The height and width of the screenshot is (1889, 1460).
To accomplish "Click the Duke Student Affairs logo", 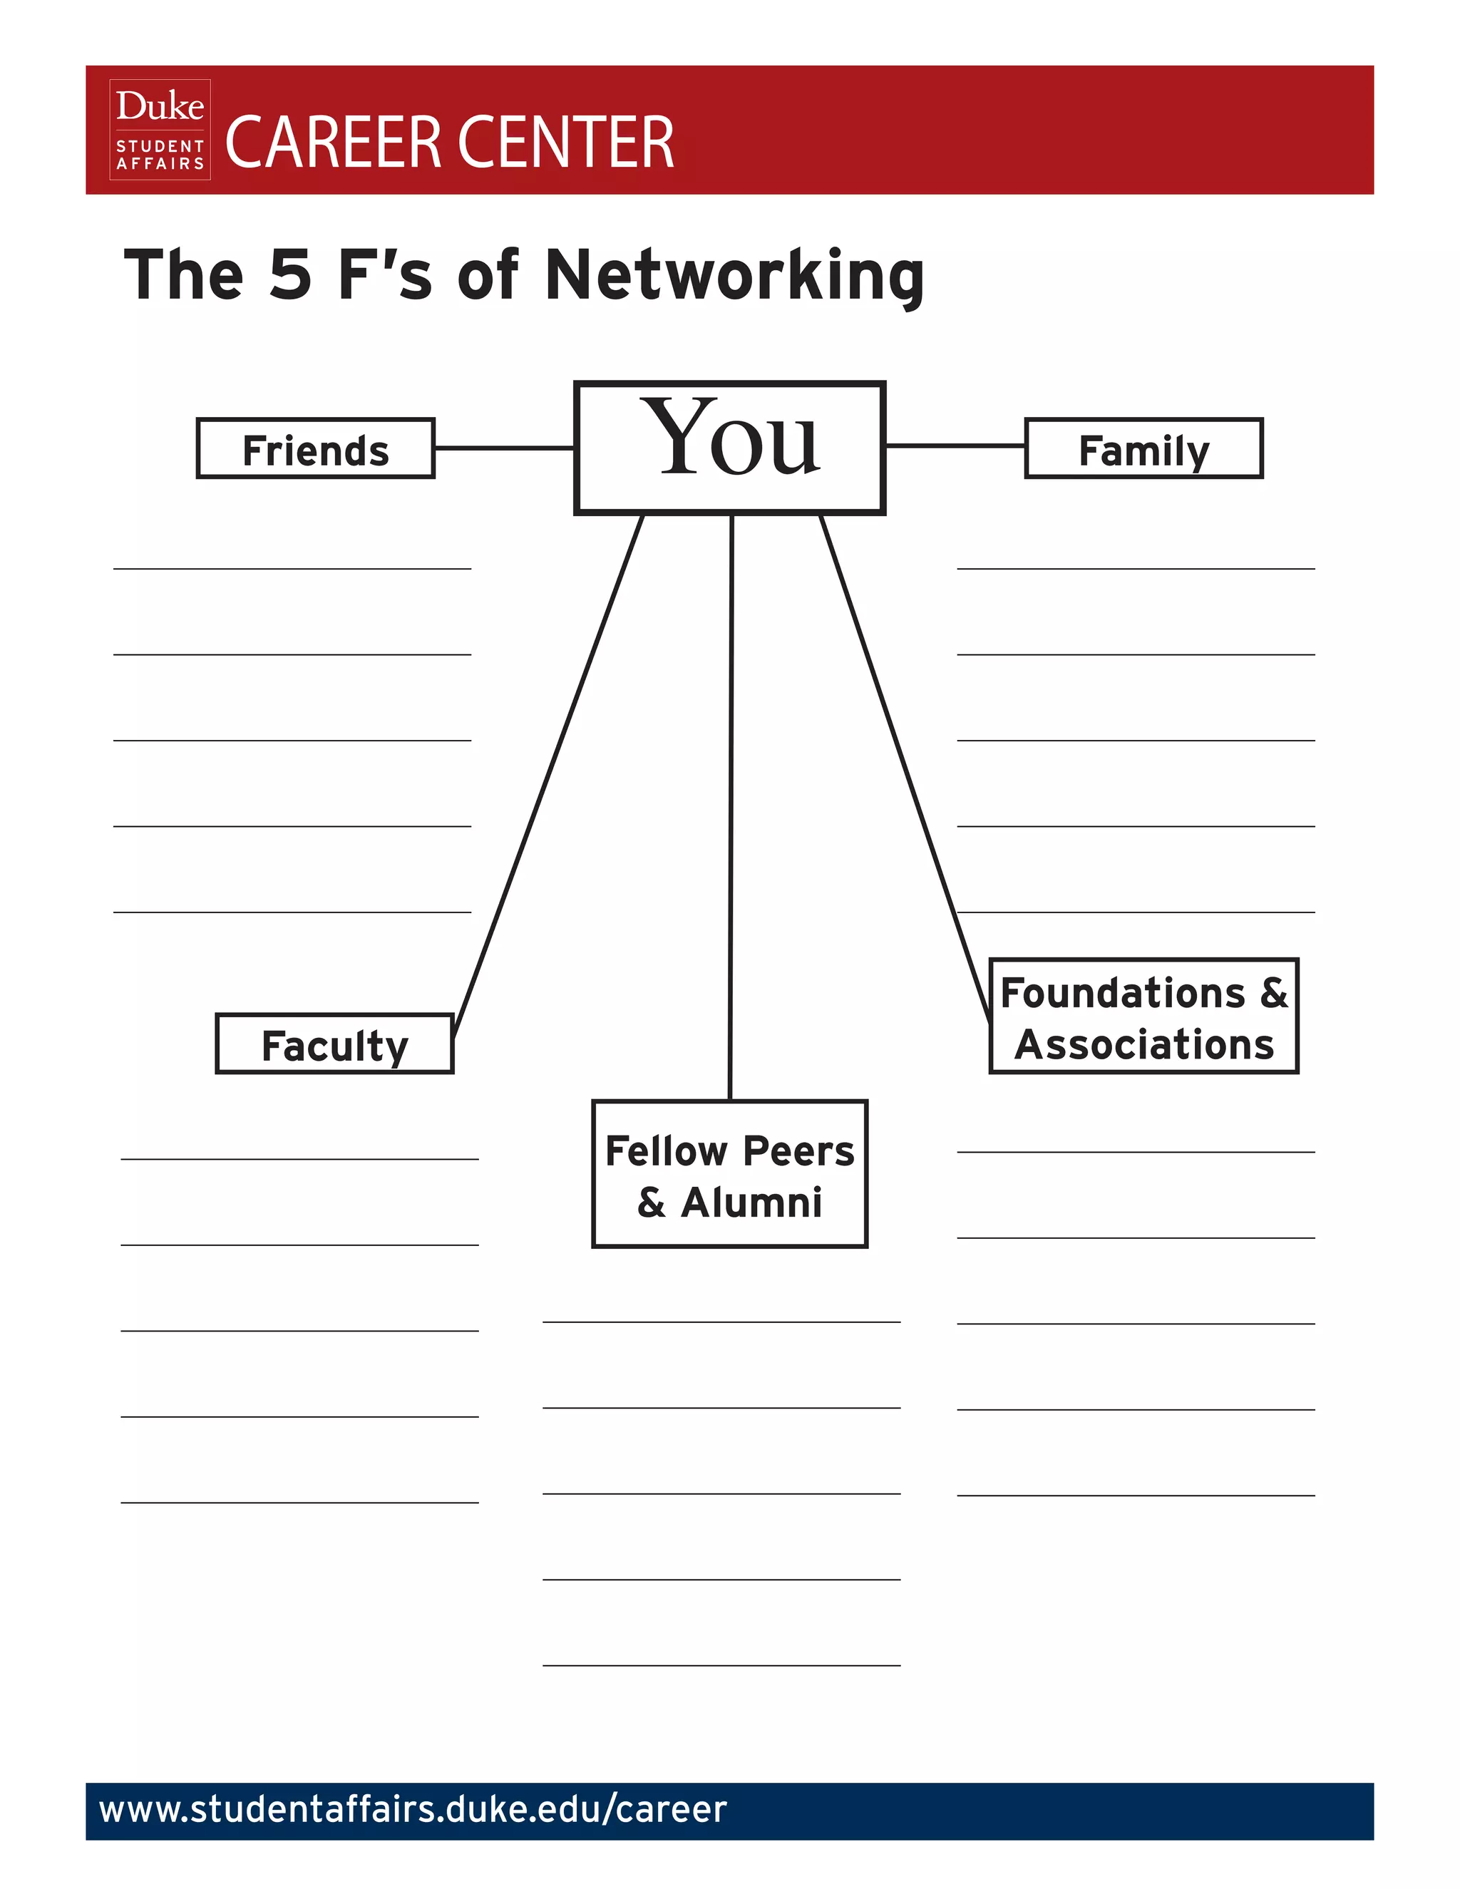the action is point(160,130).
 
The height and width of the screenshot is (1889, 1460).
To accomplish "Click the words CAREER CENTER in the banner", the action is point(449,142).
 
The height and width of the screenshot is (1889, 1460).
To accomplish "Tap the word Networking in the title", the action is point(735,275).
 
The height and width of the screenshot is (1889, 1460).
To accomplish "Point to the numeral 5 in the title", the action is point(289,275).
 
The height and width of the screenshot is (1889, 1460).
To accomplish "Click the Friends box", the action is point(316,448).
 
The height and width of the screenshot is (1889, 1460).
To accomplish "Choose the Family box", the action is point(1143,448).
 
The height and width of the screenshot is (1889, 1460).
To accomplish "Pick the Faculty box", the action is point(335,1044).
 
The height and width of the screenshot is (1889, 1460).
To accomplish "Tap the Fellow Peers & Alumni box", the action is point(730,1174).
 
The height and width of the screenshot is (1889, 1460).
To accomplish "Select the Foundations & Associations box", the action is point(1143,1016).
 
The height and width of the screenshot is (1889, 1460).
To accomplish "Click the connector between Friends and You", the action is point(504,448).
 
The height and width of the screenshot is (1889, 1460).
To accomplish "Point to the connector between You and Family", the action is point(956,446).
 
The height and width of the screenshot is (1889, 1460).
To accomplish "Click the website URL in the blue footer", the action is point(413,1809).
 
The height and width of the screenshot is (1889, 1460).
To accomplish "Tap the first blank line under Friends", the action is point(292,568).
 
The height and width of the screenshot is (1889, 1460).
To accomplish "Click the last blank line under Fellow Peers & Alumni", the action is point(721,1665).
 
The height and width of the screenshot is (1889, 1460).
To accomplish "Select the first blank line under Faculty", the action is point(299,1159).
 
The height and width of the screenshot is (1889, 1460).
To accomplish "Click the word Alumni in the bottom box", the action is point(751,1203).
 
